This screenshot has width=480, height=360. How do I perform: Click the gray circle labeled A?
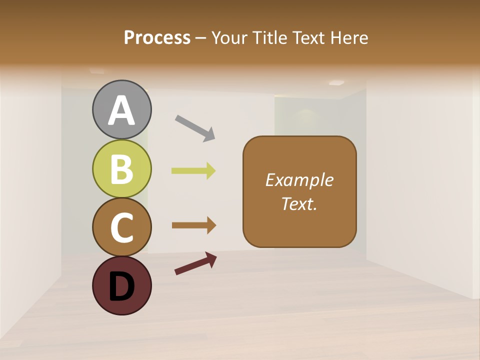coord(121,109)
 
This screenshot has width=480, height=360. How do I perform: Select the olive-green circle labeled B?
coord(121,168)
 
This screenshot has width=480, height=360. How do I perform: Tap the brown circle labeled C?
coord(121,227)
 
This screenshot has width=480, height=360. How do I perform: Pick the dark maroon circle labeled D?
coord(121,286)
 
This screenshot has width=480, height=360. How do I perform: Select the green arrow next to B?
coord(193,171)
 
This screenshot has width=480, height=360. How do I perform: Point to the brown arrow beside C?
coord(193,225)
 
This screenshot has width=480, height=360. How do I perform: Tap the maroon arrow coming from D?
coord(195,263)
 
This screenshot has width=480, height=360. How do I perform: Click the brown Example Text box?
coord(299,191)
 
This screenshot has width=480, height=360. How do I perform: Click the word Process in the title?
coord(157,37)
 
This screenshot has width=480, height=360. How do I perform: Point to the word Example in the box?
coord(299,179)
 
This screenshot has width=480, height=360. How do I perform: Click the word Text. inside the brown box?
coord(299,204)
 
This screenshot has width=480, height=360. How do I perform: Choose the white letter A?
coord(121,110)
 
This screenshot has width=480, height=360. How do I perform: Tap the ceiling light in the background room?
coord(336,83)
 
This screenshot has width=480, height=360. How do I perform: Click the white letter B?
coord(121,169)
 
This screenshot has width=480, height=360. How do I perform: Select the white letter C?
coord(121,228)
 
